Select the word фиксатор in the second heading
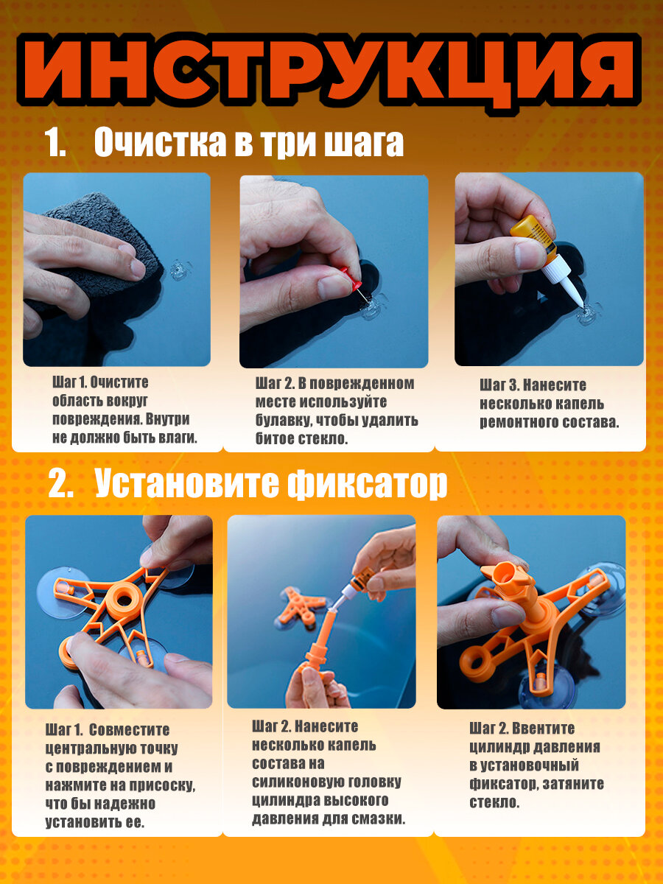[x=367, y=484]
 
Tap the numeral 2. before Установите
[x=61, y=484]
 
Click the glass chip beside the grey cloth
[x=180, y=270]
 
